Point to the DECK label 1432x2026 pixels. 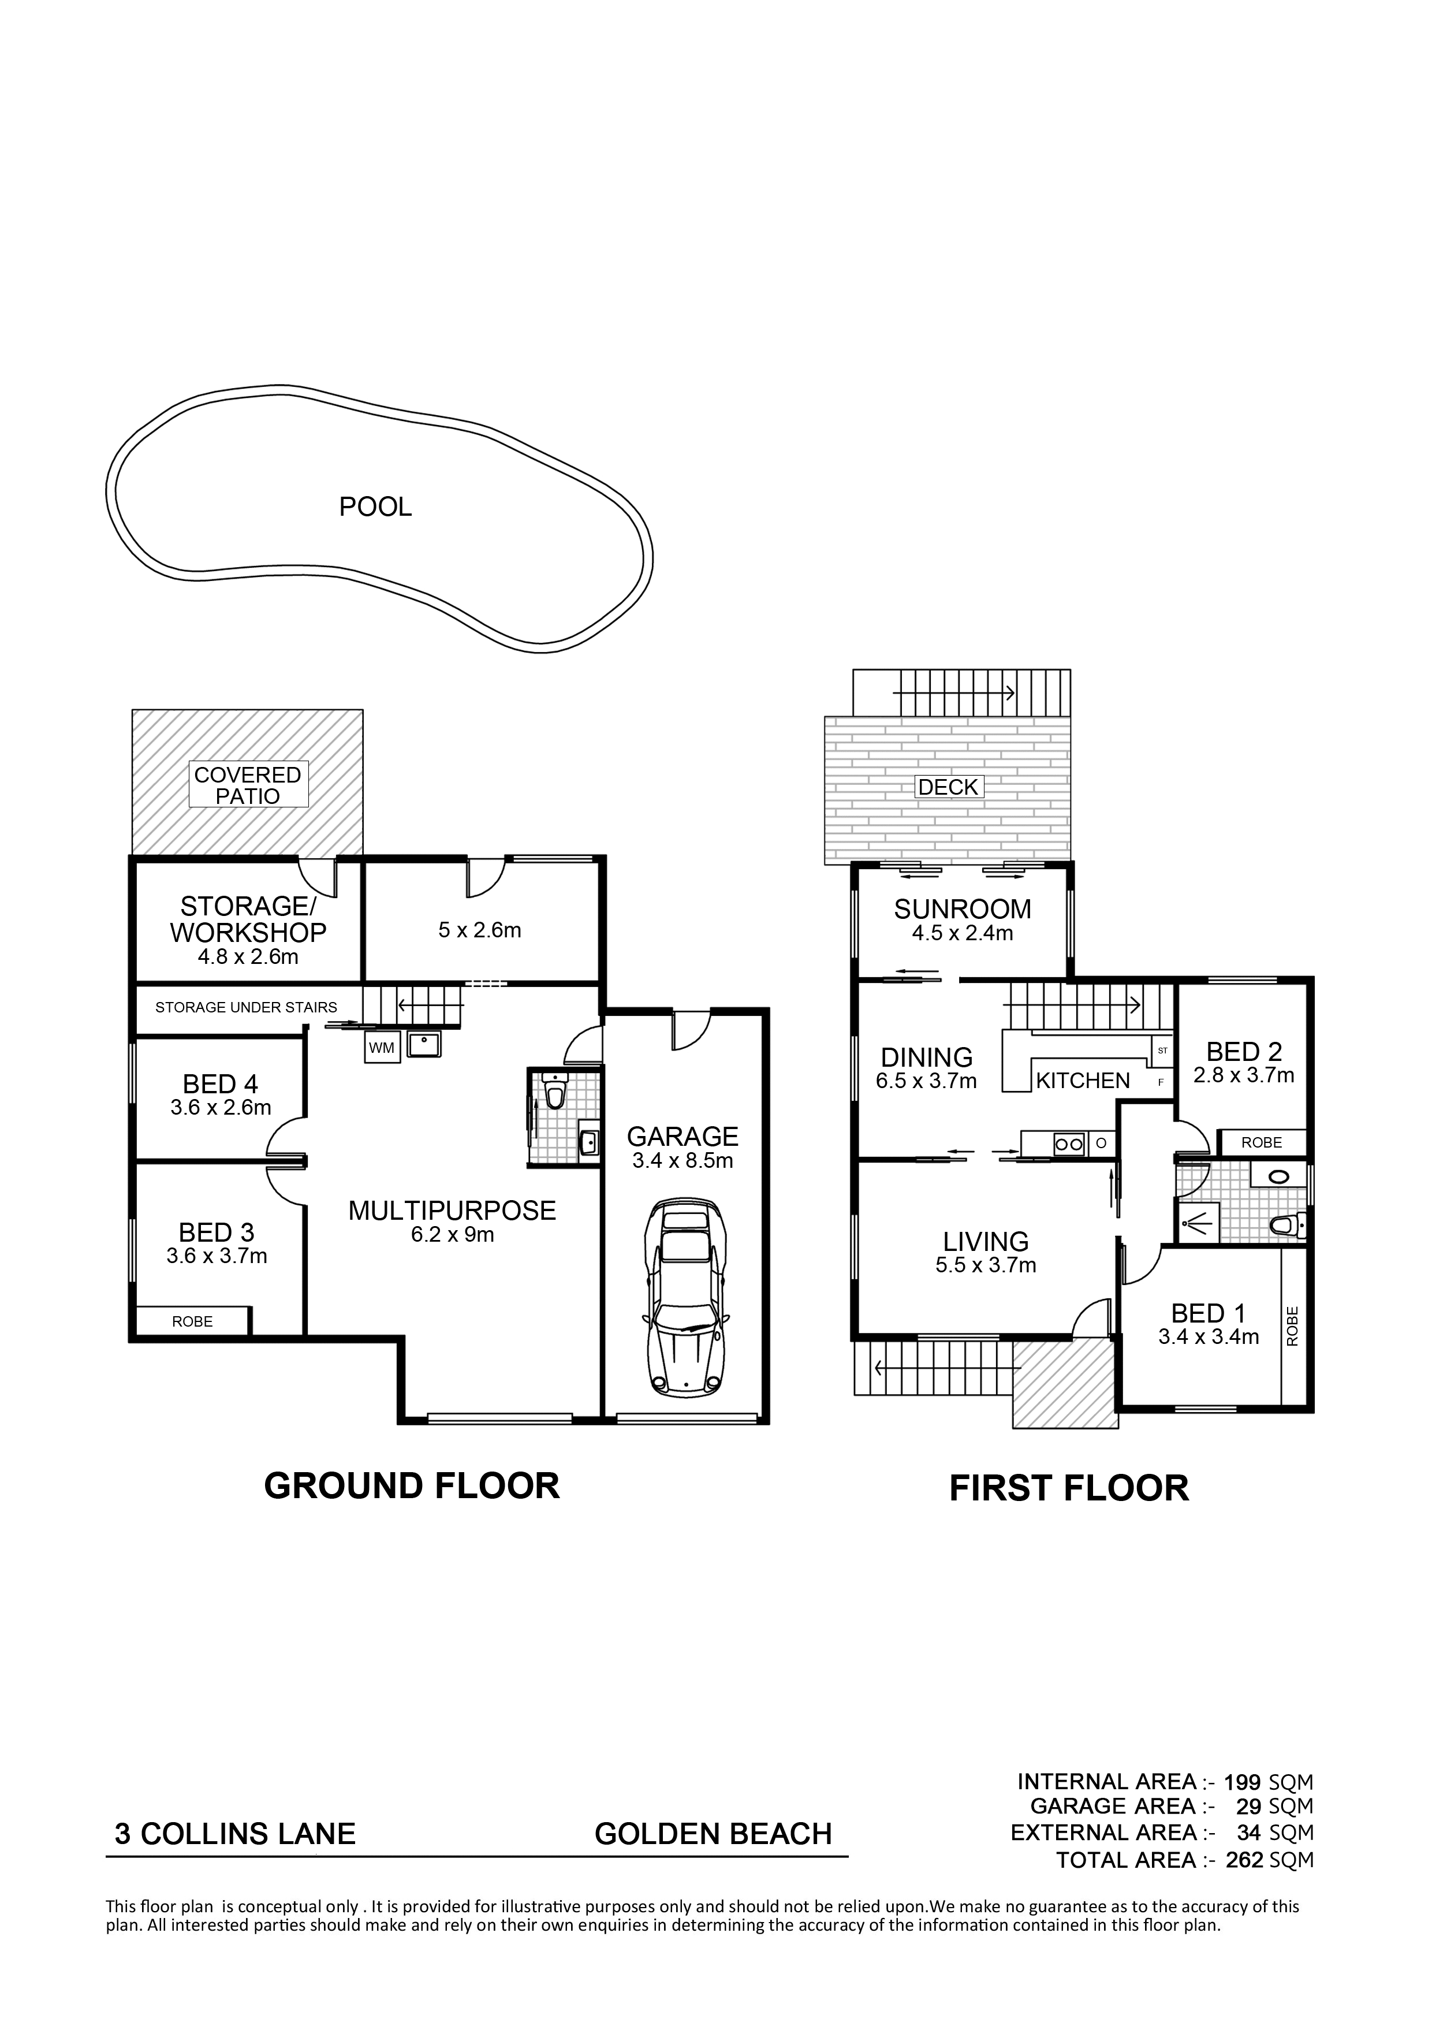coord(949,787)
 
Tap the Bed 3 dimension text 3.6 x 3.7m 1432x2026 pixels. coord(217,1256)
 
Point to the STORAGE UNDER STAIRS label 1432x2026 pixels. coord(246,1007)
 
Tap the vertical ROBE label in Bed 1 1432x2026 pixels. coord(1293,1325)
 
